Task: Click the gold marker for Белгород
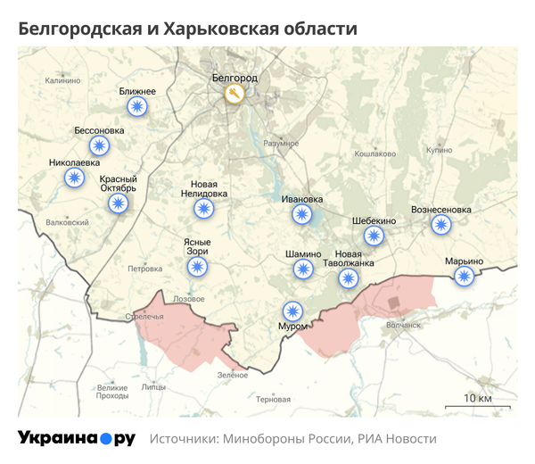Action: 234,94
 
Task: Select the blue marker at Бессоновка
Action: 99,145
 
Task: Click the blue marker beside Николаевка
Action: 75,178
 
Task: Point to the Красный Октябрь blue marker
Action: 118,203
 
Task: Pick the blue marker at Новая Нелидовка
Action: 204,209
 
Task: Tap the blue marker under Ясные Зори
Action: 197,266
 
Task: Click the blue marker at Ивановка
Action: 302,214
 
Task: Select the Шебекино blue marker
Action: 374,236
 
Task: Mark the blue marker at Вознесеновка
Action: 440,224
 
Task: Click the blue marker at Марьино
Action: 463,276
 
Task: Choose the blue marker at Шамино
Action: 303,269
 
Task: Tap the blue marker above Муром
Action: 292,311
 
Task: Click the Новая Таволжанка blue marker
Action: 348,278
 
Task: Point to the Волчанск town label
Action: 403,325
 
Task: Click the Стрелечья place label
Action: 144,316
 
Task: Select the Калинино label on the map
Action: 62,80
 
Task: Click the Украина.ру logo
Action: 77,438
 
